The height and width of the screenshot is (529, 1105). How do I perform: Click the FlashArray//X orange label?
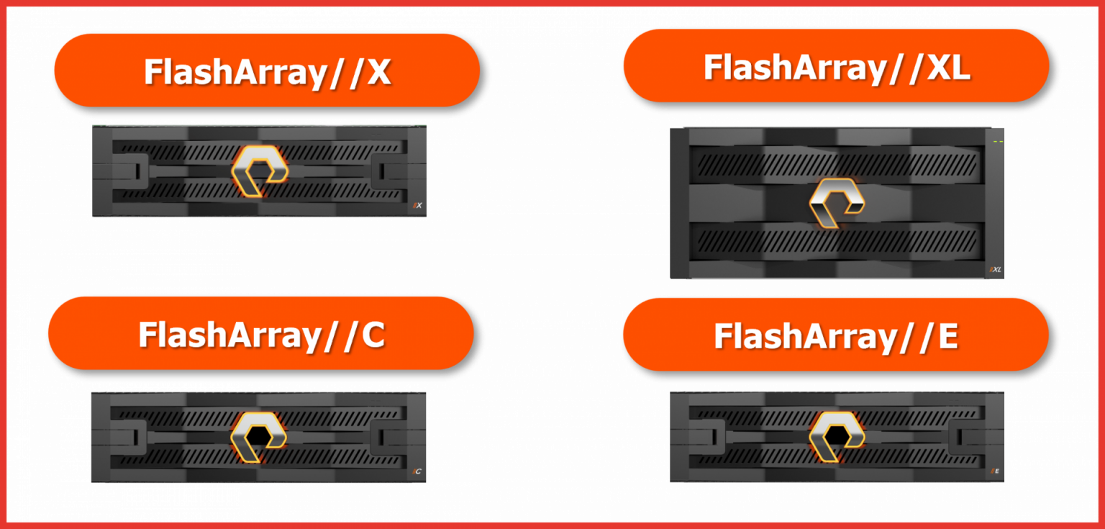[267, 71]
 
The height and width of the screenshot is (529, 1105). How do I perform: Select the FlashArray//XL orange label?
[836, 66]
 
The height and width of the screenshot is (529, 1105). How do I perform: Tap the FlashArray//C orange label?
[260, 333]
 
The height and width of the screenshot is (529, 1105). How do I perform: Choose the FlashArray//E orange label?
[835, 335]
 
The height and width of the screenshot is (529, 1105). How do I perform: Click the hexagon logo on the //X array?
[259, 171]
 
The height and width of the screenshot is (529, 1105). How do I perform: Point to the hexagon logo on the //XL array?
[836, 202]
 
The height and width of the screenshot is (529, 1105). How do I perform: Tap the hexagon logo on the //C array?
[258, 436]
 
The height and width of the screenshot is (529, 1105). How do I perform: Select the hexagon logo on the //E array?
[837, 435]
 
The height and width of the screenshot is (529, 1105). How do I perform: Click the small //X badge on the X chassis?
[417, 206]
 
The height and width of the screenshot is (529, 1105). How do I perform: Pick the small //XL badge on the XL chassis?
[996, 270]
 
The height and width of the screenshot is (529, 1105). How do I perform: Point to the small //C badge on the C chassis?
[417, 472]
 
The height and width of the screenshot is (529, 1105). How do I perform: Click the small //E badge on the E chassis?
[996, 471]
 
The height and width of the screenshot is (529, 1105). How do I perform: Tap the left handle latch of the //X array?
[134, 171]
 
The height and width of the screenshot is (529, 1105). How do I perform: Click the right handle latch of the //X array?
[383, 171]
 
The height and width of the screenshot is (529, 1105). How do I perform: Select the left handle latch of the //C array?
[132, 437]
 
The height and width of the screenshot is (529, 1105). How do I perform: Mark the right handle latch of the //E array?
[963, 436]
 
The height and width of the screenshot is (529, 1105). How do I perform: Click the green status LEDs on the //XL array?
[998, 142]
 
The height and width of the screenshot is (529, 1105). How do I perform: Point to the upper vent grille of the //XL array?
[835, 164]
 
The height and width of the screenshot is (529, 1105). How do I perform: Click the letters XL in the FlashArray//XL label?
[945, 67]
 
